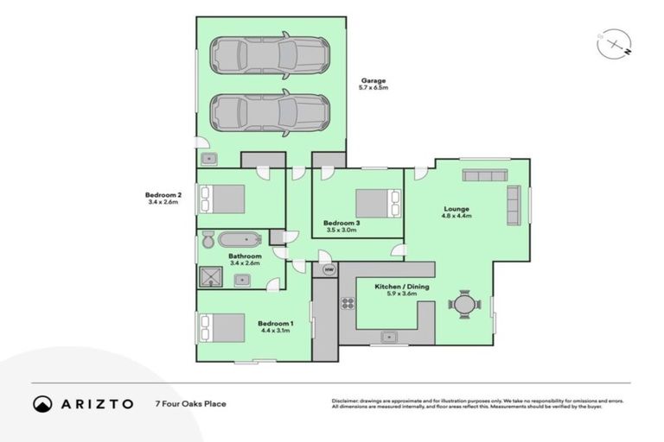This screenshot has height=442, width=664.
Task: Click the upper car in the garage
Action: [x=271, y=56]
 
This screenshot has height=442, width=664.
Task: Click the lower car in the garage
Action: [x=271, y=112]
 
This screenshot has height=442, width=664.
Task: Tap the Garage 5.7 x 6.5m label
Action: [x=373, y=84]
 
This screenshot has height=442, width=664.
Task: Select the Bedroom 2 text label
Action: [x=163, y=199]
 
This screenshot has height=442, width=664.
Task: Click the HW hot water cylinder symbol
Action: [x=329, y=270]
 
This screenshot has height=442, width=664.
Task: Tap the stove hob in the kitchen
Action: [x=348, y=303]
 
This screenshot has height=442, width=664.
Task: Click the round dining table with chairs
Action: [x=465, y=304]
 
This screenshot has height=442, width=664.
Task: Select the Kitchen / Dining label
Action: [x=401, y=289]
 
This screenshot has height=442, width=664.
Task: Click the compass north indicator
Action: [x=612, y=42]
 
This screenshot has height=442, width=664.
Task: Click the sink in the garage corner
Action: [x=209, y=159]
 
